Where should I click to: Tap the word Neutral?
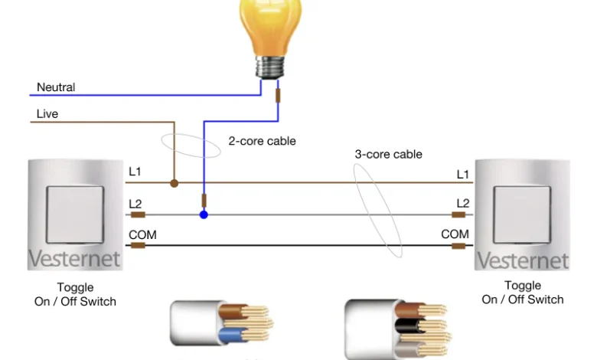pyautogui.click(x=56, y=87)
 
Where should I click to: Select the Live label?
pyautogui.click(x=47, y=114)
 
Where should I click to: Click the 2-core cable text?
pyautogui.click(x=262, y=141)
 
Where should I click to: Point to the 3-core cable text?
pyautogui.click(x=388, y=154)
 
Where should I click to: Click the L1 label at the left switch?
pyautogui.click(x=135, y=172)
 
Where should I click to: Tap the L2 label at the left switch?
pyautogui.click(x=135, y=203)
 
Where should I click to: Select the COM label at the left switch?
pyautogui.click(x=142, y=234)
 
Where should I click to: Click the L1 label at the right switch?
pyautogui.click(x=463, y=175)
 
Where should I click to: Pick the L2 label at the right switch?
pyautogui.click(x=463, y=203)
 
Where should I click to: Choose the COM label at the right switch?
pyautogui.click(x=455, y=234)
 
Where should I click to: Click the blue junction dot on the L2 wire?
pyautogui.click(x=204, y=214)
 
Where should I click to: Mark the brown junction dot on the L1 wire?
pyautogui.click(x=175, y=184)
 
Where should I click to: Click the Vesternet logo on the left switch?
pyautogui.click(x=74, y=259)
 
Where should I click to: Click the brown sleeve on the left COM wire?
pyautogui.click(x=139, y=246)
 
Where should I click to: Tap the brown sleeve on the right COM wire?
pyautogui.click(x=458, y=246)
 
